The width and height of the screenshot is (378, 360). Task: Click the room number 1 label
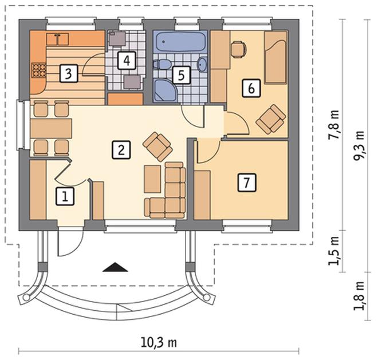tap(65, 197)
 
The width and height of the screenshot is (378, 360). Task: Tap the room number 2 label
tap(121, 149)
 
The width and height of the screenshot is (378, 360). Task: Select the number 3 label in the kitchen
tap(69, 73)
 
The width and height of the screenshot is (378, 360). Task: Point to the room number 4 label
tap(127, 60)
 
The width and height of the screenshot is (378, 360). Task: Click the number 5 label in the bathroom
tap(182, 75)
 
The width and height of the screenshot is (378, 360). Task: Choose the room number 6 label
tap(251, 88)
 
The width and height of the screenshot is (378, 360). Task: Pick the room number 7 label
tap(247, 183)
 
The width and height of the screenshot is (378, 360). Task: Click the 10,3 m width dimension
tap(159, 342)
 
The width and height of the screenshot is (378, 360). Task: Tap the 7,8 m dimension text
tap(334, 125)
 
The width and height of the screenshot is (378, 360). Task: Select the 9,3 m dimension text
tap(359, 146)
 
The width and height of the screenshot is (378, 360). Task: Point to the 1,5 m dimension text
tap(334, 251)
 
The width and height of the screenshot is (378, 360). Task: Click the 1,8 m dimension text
tap(359, 296)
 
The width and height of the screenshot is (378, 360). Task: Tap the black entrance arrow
tap(115, 267)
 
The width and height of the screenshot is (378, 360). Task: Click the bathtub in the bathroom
tap(180, 42)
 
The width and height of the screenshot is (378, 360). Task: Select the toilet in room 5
tap(162, 64)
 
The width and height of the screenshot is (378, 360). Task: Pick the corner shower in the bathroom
tap(165, 90)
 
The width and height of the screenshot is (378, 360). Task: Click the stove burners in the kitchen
tap(38, 70)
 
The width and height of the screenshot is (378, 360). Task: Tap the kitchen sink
tap(57, 39)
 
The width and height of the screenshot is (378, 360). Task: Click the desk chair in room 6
tap(239, 50)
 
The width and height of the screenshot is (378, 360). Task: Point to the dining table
tap(51, 129)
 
